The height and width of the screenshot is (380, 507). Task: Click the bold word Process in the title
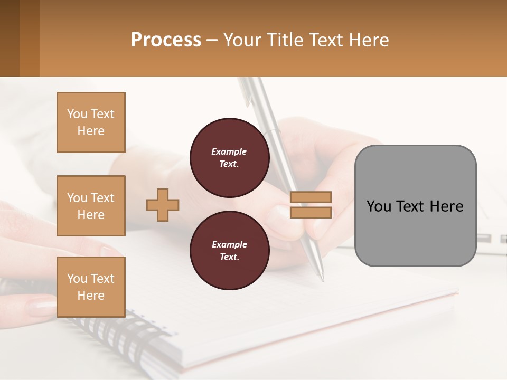(166, 40)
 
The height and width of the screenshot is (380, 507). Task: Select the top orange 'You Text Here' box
(91, 122)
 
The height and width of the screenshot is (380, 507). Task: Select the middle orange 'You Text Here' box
(91, 206)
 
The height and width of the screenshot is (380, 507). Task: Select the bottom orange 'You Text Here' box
(91, 287)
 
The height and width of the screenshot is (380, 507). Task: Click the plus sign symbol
(163, 205)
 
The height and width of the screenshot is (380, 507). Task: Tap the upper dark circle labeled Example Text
(229, 157)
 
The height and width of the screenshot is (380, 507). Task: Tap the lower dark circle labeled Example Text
(229, 250)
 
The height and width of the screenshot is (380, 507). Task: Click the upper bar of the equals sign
(311, 197)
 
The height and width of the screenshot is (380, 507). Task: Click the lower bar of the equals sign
(311, 212)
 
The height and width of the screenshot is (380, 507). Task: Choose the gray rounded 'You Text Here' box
(415, 206)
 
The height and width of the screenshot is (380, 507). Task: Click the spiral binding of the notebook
(127, 338)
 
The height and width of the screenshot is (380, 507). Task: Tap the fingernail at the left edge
(40, 307)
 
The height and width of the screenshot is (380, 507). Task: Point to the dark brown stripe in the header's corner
(10, 38)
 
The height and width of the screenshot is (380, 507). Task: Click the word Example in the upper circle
(229, 151)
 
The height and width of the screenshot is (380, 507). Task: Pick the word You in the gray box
(379, 206)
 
